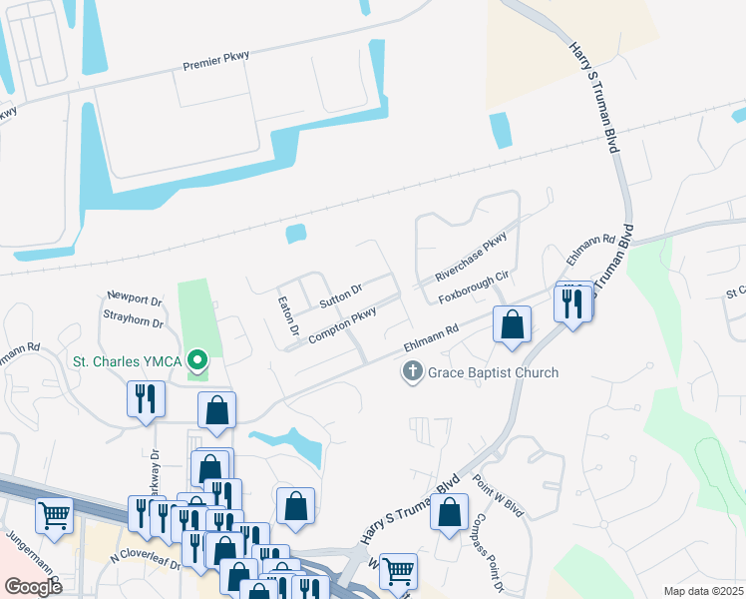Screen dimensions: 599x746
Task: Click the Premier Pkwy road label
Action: [214, 65]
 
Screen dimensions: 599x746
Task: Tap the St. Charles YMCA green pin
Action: [197, 359]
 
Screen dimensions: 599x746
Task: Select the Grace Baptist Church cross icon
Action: [411, 372]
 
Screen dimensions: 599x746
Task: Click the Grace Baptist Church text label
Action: [493, 372]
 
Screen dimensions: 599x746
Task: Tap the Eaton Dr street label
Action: [289, 314]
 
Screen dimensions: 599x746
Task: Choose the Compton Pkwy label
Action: [342, 325]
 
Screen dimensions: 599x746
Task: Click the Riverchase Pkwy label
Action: [472, 257]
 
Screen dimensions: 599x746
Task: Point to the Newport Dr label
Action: [135, 299]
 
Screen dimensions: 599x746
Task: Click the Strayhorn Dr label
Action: [133, 321]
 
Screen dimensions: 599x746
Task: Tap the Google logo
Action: [34, 587]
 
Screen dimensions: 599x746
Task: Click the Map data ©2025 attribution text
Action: [703, 591]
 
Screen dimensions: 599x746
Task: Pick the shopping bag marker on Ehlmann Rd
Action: [512, 324]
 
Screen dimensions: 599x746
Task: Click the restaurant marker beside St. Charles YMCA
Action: [147, 399]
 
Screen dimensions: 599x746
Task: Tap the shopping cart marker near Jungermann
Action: [54, 515]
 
